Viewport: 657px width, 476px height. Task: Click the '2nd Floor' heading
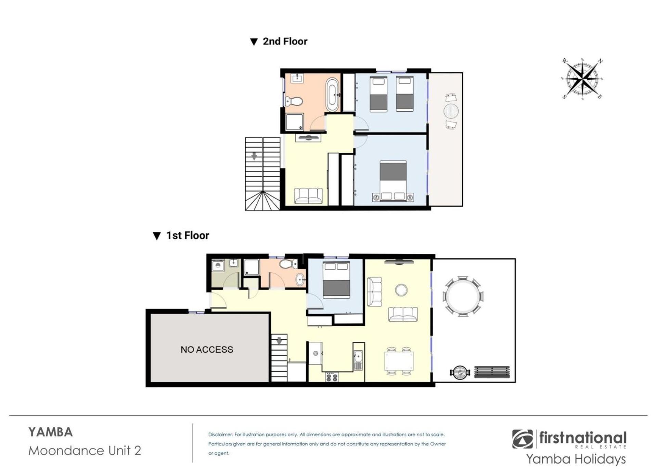click(285, 41)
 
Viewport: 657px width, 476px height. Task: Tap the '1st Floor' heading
click(188, 236)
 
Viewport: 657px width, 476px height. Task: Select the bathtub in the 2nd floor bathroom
click(332, 95)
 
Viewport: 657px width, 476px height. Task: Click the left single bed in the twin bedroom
click(378, 94)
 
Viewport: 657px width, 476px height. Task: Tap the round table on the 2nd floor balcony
click(451, 111)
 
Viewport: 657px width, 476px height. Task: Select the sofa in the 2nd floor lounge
click(308, 196)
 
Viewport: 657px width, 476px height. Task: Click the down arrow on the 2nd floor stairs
click(254, 156)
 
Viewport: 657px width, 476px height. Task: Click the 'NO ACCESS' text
click(207, 350)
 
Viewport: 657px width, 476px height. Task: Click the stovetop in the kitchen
click(332, 377)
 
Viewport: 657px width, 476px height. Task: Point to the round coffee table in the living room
click(401, 290)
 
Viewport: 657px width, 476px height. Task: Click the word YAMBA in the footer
click(51, 432)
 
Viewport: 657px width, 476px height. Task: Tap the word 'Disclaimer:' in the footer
click(220, 435)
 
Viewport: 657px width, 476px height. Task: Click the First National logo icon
click(523, 439)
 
